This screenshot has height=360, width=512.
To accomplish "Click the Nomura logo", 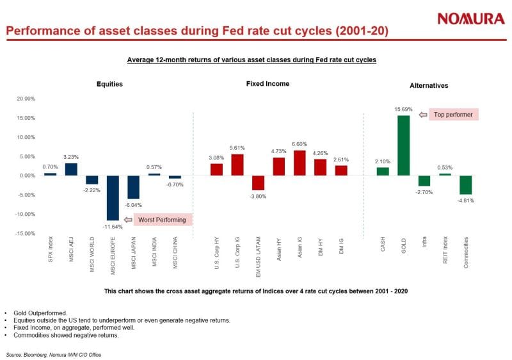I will (471, 19).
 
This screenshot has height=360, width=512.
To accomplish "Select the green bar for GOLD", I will (404, 145).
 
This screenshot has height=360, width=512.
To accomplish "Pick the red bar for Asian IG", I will (299, 163).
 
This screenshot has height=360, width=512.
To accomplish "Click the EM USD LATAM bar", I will (258, 183).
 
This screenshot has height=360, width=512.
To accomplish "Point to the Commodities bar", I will (465, 184).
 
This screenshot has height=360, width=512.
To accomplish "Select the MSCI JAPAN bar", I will (133, 187).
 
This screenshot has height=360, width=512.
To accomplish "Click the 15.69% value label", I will (404, 110).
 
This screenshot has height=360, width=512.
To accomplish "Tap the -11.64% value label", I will (113, 225).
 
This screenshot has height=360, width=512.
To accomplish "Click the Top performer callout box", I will (453, 114).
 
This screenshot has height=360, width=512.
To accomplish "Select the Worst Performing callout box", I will (163, 220).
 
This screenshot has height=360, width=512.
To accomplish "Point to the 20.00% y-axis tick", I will (26, 99).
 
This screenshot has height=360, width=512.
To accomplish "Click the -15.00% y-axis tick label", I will (25, 233).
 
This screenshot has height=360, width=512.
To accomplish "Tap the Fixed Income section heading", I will (268, 84).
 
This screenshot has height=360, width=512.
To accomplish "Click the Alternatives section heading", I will (429, 85).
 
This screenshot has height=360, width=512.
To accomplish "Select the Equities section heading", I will (109, 84).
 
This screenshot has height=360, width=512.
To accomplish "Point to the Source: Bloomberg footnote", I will (54, 354).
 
